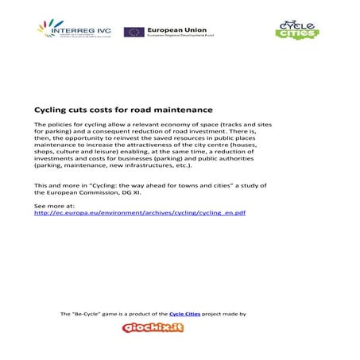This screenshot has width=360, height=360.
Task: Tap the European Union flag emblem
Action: click(x=134, y=33)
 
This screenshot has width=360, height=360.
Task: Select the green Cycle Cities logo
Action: click(x=296, y=29)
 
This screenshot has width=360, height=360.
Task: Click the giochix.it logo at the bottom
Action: click(x=153, y=327)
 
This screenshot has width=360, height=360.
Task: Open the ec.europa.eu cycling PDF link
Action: click(x=140, y=213)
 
